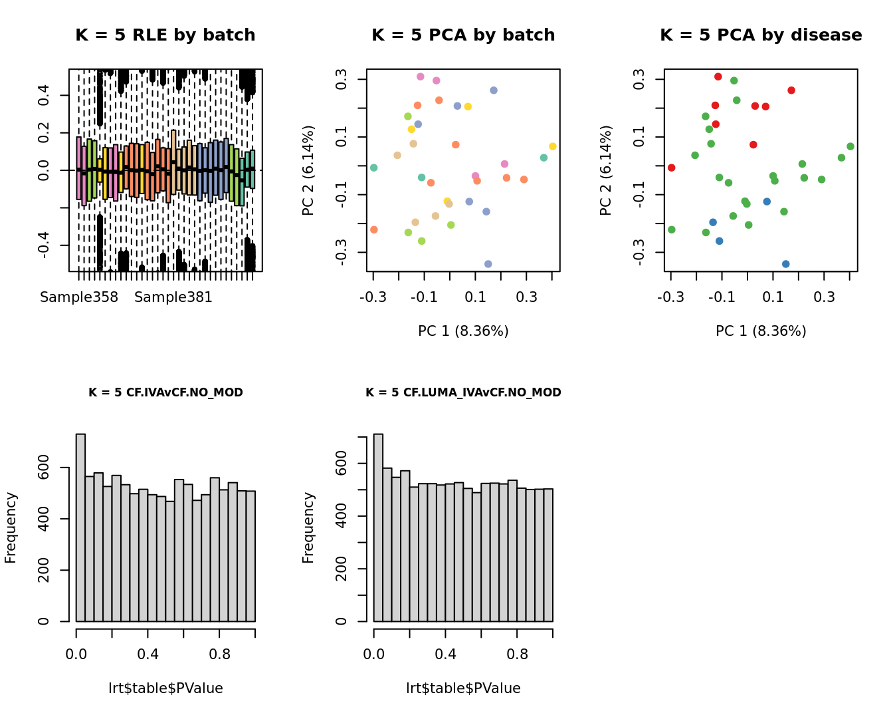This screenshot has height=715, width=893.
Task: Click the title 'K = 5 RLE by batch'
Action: coord(165,35)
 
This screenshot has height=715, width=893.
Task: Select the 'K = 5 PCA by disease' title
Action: coord(761,35)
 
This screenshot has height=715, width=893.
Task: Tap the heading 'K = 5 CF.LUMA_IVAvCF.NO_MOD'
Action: coord(463,392)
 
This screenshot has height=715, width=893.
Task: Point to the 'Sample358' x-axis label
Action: coord(79,297)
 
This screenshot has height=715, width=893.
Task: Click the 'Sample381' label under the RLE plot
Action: coord(173,297)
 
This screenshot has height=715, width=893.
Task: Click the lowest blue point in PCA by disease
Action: coord(785,264)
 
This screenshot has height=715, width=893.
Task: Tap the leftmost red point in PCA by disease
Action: coord(671,168)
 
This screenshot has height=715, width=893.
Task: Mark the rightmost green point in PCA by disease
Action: coord(850,146)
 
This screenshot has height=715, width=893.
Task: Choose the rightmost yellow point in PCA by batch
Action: coord(553,146)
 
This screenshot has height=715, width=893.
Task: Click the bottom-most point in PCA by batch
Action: coord(488,264)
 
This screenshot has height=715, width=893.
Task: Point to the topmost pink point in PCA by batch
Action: coord(420,76)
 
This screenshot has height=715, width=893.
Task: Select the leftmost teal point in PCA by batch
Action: coord(373,168)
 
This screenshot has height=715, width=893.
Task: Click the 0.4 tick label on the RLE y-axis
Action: coord(44,95)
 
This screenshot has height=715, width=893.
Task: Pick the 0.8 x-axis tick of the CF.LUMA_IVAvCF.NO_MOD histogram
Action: coord(517,654)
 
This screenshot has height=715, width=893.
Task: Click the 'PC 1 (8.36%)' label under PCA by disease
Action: coord(761,331)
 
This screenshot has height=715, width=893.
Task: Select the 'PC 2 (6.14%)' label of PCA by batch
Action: coord(308,170)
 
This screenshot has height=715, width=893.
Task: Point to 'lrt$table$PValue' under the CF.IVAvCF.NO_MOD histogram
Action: coord(165,688)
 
